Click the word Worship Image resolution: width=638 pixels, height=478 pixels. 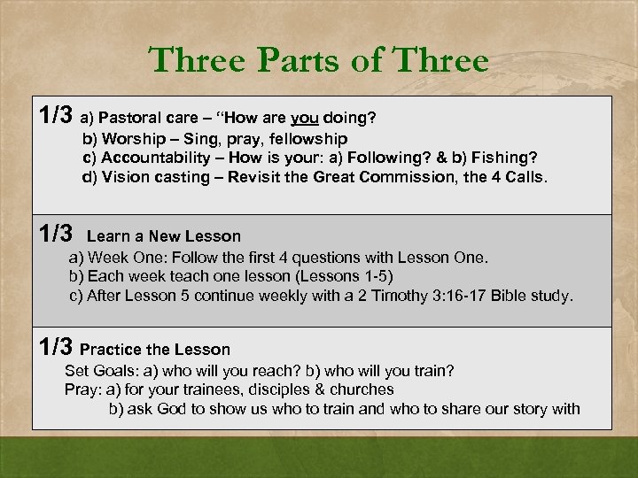[131, 139]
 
